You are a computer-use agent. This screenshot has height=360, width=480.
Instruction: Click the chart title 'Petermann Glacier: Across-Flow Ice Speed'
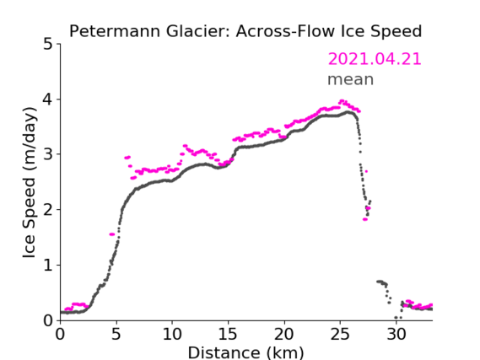(245, 31)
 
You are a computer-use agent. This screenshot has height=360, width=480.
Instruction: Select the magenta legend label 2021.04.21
(375, 59)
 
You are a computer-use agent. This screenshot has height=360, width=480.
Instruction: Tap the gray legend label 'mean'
(351, 79)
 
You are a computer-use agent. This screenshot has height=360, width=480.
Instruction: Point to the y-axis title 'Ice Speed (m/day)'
(30, 183)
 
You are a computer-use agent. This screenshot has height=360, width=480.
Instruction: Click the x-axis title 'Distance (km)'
(245, 352)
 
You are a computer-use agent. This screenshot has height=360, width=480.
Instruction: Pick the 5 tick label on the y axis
(48, 45)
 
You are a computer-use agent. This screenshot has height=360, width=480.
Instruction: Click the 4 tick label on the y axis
(48, 99)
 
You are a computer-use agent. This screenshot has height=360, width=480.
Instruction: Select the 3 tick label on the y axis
(48, 154)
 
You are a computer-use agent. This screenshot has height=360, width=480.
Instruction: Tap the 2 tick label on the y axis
(48, 210)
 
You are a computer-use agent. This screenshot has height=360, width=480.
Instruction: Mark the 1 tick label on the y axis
(48, 266)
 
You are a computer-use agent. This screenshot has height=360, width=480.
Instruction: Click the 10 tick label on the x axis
(172, 334)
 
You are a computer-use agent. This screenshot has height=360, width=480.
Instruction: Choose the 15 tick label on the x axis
(228, 334)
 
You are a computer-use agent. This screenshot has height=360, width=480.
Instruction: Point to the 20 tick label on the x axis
(284, 334)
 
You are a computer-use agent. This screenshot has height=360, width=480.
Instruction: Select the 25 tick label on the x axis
(340, 334)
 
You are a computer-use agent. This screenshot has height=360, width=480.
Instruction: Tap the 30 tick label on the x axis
(396, 334)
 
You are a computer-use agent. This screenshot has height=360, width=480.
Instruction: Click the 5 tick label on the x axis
(116, 334)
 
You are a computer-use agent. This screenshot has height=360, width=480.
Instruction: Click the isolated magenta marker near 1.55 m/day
(112, 234)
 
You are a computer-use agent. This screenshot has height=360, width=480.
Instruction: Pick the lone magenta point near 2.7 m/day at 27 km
(366, 171)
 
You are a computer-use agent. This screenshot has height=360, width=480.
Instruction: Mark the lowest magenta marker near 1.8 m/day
(365, 219)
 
